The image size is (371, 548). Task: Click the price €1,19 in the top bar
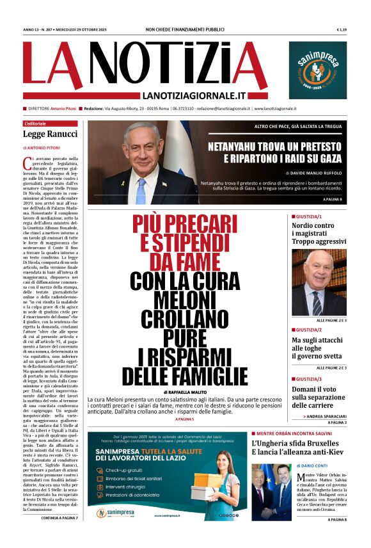click(342, 29)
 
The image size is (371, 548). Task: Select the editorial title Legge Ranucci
click(50, 134)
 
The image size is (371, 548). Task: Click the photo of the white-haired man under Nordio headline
click(319, 281)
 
